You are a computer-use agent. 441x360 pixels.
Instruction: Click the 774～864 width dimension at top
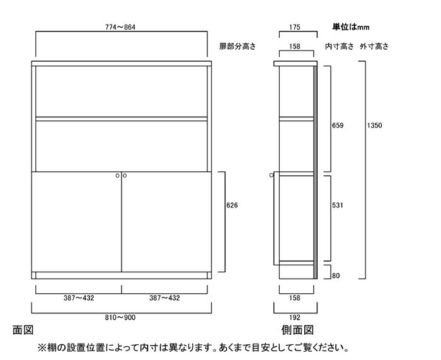pos(120,27)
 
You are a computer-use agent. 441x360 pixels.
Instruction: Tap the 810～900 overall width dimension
pos(120,318)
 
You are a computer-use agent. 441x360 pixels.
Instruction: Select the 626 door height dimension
pos(232,206)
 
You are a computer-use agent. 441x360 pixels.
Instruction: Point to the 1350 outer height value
pos(374,125)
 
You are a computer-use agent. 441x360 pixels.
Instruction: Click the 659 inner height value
pos(338,125)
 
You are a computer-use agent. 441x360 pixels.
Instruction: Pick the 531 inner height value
pos(338,206)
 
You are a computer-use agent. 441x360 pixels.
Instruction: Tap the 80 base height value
pos(336,276)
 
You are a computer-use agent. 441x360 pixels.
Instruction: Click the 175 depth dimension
pos(294,27)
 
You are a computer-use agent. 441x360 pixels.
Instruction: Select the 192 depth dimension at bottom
pos(294,318)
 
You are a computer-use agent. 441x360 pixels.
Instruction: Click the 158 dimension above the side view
pos(294,47)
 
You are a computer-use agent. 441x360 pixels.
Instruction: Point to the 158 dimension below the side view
pos(294,298)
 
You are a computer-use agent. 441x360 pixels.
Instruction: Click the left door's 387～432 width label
pos(79,298)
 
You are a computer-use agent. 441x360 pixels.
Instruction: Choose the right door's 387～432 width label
pos(164,298)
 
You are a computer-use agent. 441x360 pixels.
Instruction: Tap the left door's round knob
pos(118,176)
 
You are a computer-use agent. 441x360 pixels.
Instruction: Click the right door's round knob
pos(125,176)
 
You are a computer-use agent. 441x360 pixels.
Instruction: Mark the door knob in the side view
pos(271,175)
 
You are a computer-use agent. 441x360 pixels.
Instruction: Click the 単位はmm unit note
pos(351,27)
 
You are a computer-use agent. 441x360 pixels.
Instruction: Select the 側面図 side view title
pos(297,330)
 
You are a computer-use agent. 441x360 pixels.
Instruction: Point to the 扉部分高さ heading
pos(238,47)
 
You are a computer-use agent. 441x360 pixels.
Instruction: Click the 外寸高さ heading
pos(374,47)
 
